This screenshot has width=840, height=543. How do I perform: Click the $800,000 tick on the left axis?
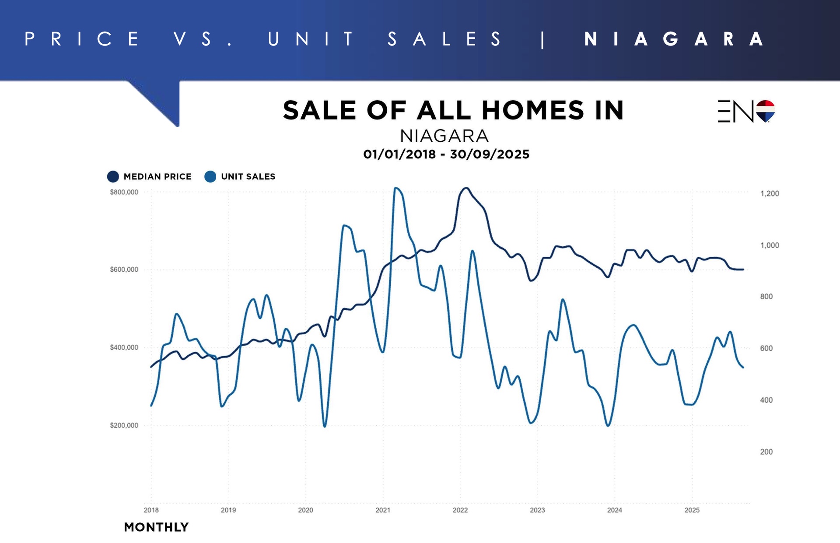[x=124, y=192]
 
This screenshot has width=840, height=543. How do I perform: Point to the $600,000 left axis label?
[x=124, y=270]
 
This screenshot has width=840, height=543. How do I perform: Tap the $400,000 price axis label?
[x=124, y=347]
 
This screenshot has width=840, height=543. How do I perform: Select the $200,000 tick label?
[x=124, y=425]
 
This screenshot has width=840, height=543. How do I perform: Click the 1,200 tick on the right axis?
[x=770, y=193]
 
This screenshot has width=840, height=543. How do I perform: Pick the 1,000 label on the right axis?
[x=770, y=245]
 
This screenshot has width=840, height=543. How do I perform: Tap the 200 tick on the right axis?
[x=766, y=452]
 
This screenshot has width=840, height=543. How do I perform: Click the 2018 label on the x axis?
[x=151, y=510]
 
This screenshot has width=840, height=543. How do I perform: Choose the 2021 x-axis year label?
[x=383, y=510]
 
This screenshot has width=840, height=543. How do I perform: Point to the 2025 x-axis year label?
[x=692, y=510]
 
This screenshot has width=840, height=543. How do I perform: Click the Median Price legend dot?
[x=113, y=177]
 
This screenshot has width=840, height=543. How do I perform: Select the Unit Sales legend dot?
[x=210, y=177]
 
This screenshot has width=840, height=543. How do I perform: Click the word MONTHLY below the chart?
[x=156, y=527]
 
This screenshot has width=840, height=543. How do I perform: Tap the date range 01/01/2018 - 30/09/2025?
[x=446, y=154]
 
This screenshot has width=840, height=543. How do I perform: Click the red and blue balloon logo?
[x=765, y=111]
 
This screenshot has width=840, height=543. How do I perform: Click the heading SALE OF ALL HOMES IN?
[x=453, y=110]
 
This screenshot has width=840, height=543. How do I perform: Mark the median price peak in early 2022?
[x=466, y=188]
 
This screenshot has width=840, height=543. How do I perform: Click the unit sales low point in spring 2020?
[x=325, y=426]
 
